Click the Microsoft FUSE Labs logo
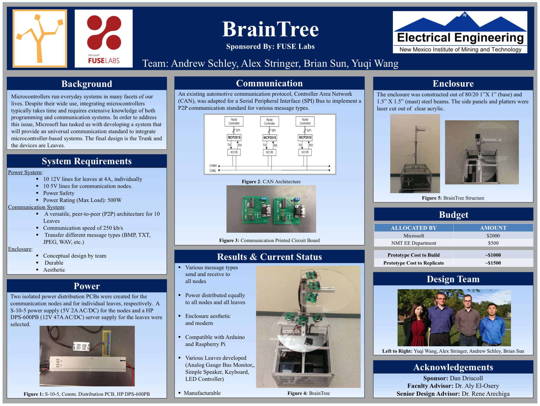[104, 39]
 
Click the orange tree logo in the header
[40, 38]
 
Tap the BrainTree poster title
[270, 29]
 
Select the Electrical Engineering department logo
[460, 32]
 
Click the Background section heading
[87, 84]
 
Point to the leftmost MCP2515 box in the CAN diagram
[234, 137]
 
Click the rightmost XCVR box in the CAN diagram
[305, 152]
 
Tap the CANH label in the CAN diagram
[213, 166]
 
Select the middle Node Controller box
[270, 121]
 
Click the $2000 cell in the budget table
[493, 236]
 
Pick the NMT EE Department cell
[414, 243]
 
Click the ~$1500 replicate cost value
[493, 263]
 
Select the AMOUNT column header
[493, 228]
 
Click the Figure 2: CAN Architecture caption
[271, 181]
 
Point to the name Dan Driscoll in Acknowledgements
[466, 378]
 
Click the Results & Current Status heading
[270, 257]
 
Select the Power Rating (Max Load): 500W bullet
[82, 200]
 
